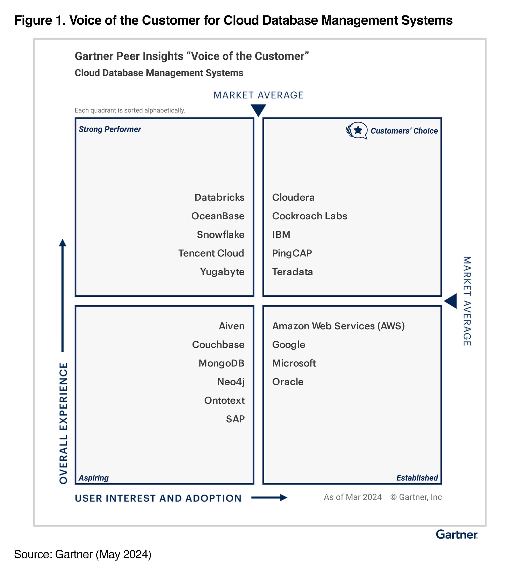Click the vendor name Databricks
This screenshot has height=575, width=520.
pyautogui.click(x=219, y=197)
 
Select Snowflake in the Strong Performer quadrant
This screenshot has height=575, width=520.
pyautogui.click(x=221, y=234)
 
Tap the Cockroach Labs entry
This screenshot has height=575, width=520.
pyautogui.click(x=310, y=216)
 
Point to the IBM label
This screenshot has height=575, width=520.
pyautogui.click(x=281, y=234)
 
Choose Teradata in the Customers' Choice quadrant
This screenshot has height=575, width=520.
pyautogui.click(x=292, y=272)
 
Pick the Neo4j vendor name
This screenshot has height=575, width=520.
pyautogui.click(x=231, y=382)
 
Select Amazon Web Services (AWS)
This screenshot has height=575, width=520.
pyautogui.click(x=338, y=326)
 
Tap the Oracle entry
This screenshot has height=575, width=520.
pyautogui.click(x=288, y=382)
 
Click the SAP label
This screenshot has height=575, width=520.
pyautogui.click(x=235, y=419)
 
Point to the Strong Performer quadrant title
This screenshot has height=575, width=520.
pyautogui.click(x=110, y=129)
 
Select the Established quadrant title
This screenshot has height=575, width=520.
pyautogui.click(x=417, y=478)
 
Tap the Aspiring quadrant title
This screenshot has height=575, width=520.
pyautogui.click(x=94, y=478)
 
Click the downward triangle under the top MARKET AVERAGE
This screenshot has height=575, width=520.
pyautogui.click(x=258, y=110)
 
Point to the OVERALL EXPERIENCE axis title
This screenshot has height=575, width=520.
pyautogui.click(x=63, y=423)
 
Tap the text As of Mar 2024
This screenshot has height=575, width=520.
pyautogui.click(x=352, y=497)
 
